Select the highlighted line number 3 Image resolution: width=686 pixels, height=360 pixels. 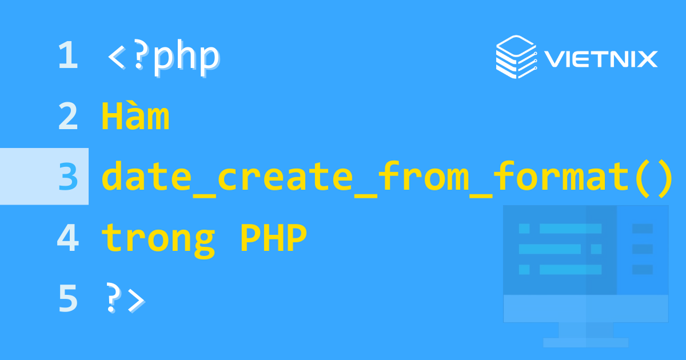click(x=67, y=177)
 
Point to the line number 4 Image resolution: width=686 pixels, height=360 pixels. click(x=67, y=238)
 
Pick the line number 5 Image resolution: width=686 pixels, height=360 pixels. click(x=67, y=299)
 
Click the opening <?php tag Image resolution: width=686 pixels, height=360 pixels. click(x=162, y=57)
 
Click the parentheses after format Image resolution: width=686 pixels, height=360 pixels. click(x=652, y=177)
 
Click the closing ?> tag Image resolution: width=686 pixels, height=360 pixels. click(x=125, y=299)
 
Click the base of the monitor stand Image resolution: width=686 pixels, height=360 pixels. click(x=585, y=343)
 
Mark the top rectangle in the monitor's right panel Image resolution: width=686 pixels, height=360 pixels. click(x=642, y=229)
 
